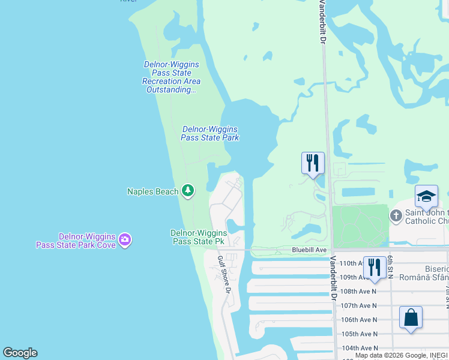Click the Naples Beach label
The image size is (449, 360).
click(x=152, y=191)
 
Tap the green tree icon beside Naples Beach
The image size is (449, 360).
click(x=188, y=191)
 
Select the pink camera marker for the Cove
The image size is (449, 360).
click(x=125, y=241)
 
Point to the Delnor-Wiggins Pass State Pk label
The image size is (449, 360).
click(x=199, y=237)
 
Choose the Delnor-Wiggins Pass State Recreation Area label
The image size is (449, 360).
click(x=171, y=77)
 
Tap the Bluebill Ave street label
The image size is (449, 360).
click(x=309, y=250)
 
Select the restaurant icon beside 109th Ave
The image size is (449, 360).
click(x=375, y=267)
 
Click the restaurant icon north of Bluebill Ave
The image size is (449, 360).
click(x=313, y=163)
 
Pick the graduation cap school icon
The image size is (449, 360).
click(x=426, y=197)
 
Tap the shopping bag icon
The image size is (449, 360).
click(x=411, y=317)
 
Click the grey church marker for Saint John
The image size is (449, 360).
click(x=396, y=215)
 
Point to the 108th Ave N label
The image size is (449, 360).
click(x=358, y=292)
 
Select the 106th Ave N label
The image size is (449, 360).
click(x=358, y=320)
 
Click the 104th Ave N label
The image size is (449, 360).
click(x=358, y=348)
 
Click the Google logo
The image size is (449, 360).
click(x=20, y=353)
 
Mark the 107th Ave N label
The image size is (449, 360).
click(x=358, y=306)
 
